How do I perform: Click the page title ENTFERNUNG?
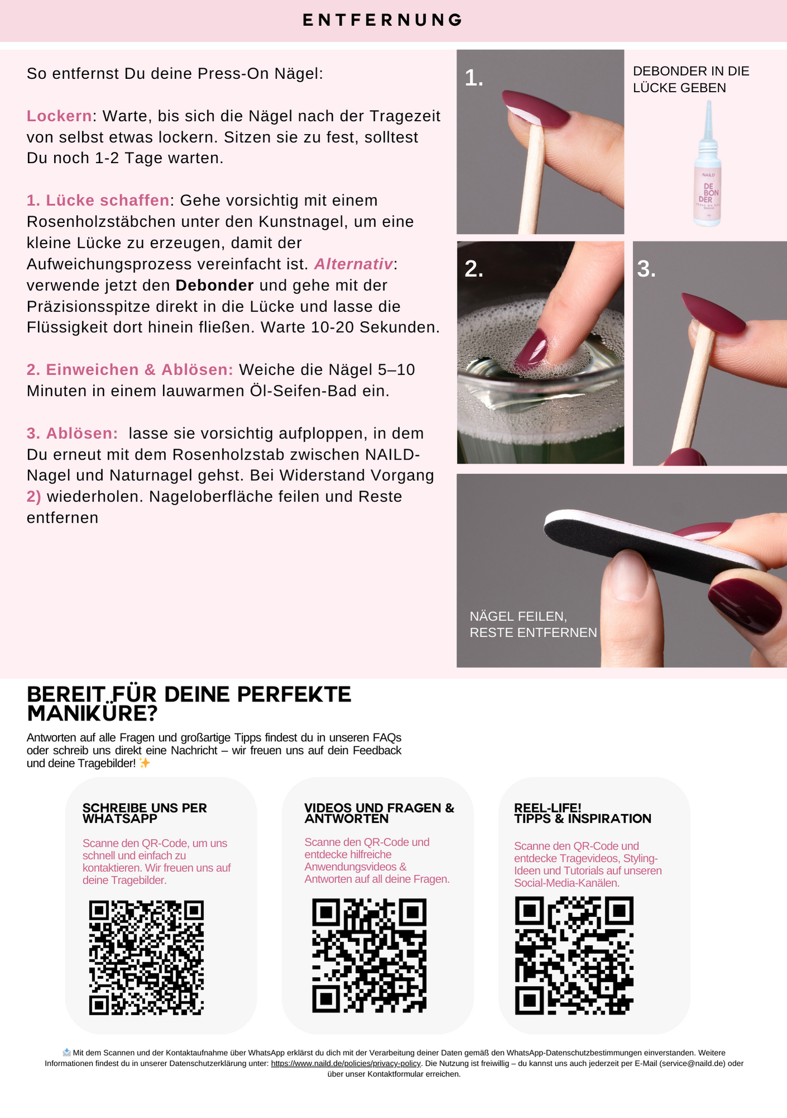click(383, 20)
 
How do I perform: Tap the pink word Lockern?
click(59, 116)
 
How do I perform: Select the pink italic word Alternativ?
click(354, 264)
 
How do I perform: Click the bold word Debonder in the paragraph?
click(214, 285)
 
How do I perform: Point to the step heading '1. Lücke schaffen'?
click(98, 200)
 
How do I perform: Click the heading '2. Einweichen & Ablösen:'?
click(130, 369)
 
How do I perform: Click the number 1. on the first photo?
click(474, 78)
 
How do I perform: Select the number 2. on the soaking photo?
click(474, 269)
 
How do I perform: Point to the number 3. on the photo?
click(646, 269)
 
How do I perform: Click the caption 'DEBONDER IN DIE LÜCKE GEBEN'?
click(691, 79)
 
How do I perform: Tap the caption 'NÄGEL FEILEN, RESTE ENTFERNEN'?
click(533, 624)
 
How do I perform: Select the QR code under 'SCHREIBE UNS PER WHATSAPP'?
click(146, 958)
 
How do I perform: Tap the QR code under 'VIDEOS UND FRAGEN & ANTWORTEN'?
click(369, 956)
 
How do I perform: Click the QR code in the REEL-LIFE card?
click(574, 956)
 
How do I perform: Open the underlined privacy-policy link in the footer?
click(346, 1064)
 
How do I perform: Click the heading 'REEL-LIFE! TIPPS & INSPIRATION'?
click(583, 813)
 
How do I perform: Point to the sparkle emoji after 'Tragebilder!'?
click(145, 763)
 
